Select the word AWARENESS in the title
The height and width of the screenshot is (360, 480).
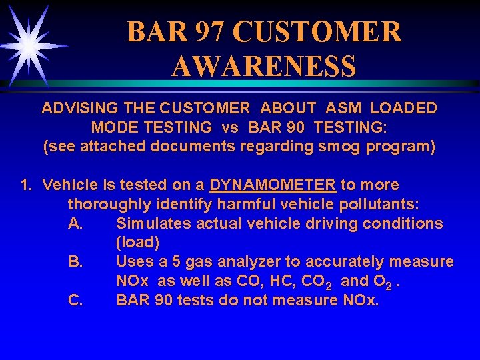click(x=263, y=67)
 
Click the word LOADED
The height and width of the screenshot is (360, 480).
click(x=404, y=108)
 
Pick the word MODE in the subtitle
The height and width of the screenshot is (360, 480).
click(x=113, y=127)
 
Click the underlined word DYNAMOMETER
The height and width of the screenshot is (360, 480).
click(x=272, y=185)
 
